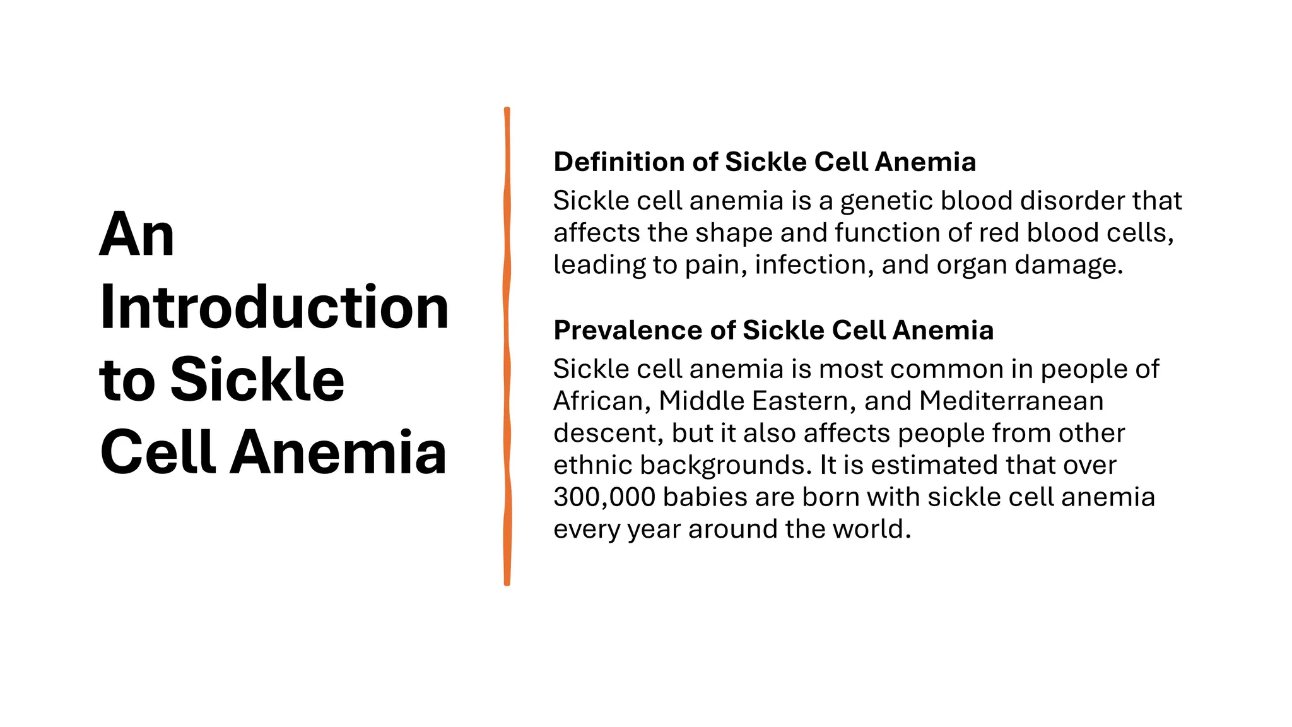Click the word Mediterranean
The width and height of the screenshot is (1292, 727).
pos(1011,401)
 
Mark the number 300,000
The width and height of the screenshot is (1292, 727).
pos(604,497)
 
